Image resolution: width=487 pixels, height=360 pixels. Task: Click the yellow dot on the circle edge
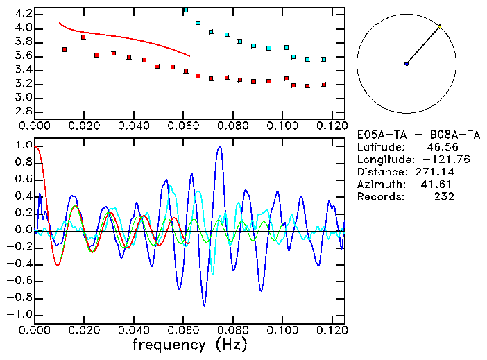(440, 26)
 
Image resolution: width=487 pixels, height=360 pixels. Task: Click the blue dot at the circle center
(407, 64)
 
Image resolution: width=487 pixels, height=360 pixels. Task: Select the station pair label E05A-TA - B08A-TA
(418, 135)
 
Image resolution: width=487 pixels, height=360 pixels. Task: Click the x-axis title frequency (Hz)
(189, 345)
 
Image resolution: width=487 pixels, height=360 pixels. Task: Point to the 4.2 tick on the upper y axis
(22, 14)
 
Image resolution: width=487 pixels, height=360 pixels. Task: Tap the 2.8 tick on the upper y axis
(22, 111)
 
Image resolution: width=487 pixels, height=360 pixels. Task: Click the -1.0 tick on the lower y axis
(19, 314)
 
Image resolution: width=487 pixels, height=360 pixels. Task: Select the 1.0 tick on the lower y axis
(22, 146)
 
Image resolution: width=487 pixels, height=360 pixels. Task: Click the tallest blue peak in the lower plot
(220, 147)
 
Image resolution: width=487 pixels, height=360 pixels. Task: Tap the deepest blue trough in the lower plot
(204, 305)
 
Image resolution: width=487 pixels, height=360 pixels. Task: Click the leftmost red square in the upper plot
(64, 49)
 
